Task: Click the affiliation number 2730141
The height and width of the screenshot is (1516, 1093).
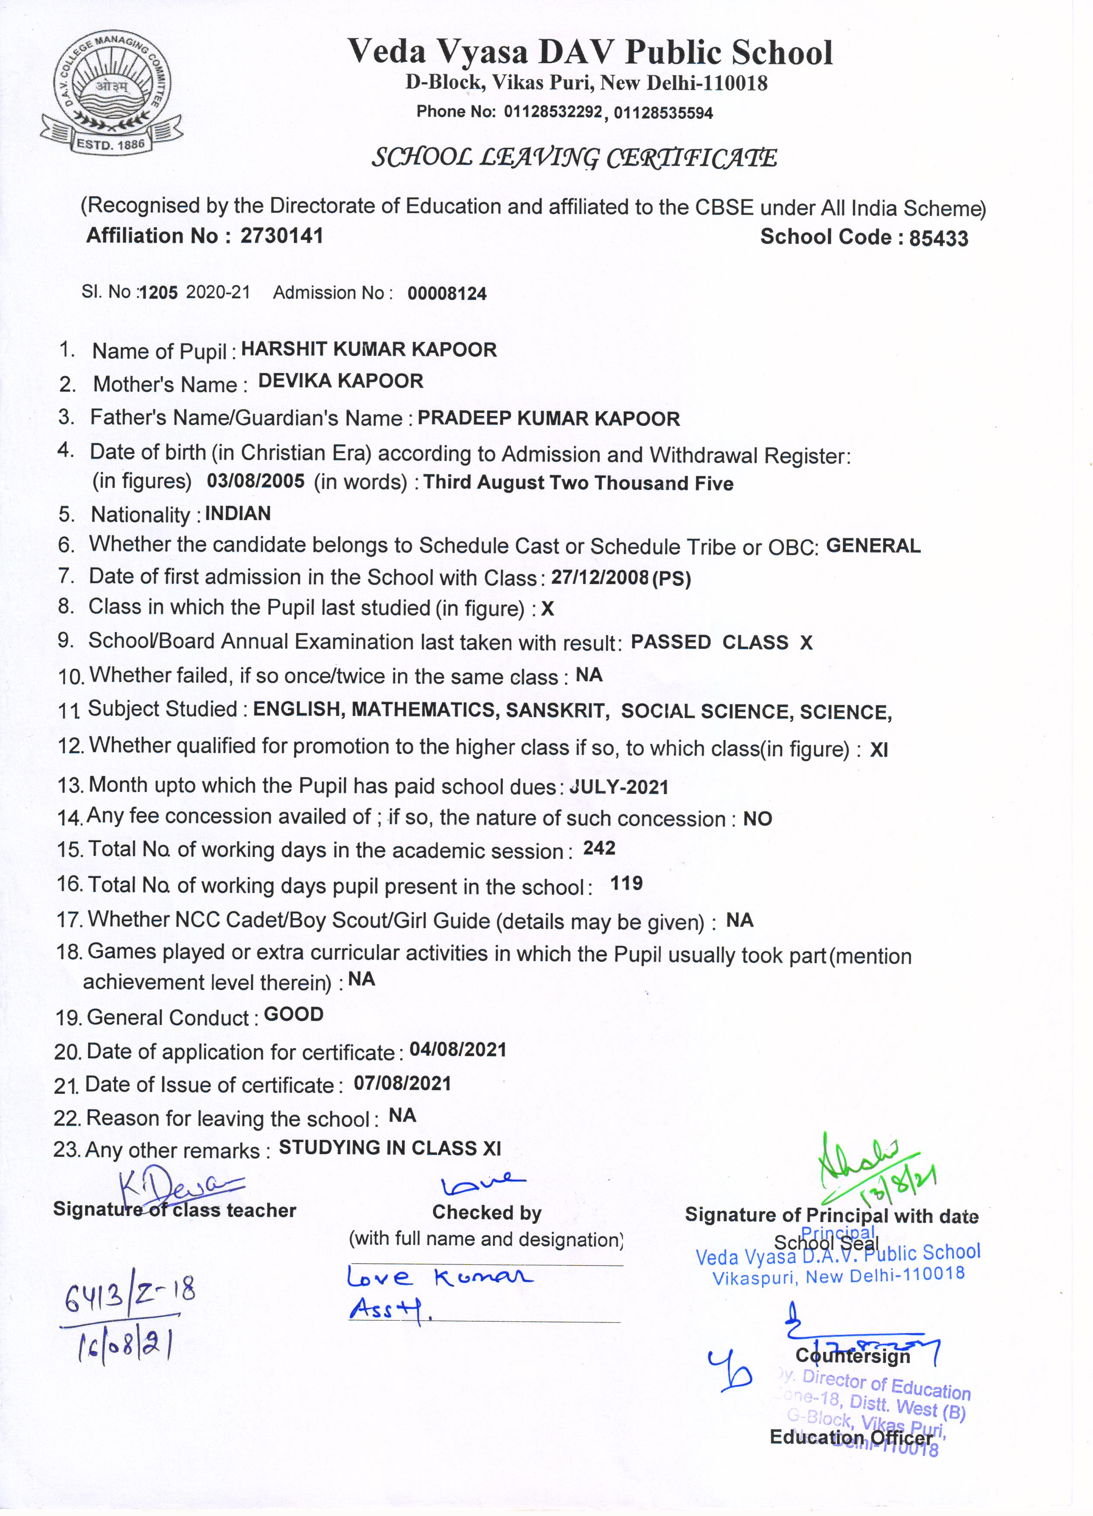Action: point(281,236)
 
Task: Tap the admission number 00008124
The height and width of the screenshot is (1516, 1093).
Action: point(447,294)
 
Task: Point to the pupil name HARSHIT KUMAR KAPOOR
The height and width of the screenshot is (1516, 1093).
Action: point(368,350)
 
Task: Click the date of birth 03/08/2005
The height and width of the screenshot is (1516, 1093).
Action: point(256,481)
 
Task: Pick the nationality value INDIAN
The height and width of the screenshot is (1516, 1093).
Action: point(237,514)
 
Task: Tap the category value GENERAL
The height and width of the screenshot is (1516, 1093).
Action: point(873,546)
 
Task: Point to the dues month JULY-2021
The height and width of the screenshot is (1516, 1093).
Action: point(619,787)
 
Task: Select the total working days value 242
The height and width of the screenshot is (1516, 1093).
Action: point(599,848)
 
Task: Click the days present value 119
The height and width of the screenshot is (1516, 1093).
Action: point(626,884)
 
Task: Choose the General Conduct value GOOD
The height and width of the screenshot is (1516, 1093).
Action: point(294,1014)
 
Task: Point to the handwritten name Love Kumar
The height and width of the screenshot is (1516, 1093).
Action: point(439,1277)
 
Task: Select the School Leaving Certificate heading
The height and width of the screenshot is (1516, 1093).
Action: point(574,158)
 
